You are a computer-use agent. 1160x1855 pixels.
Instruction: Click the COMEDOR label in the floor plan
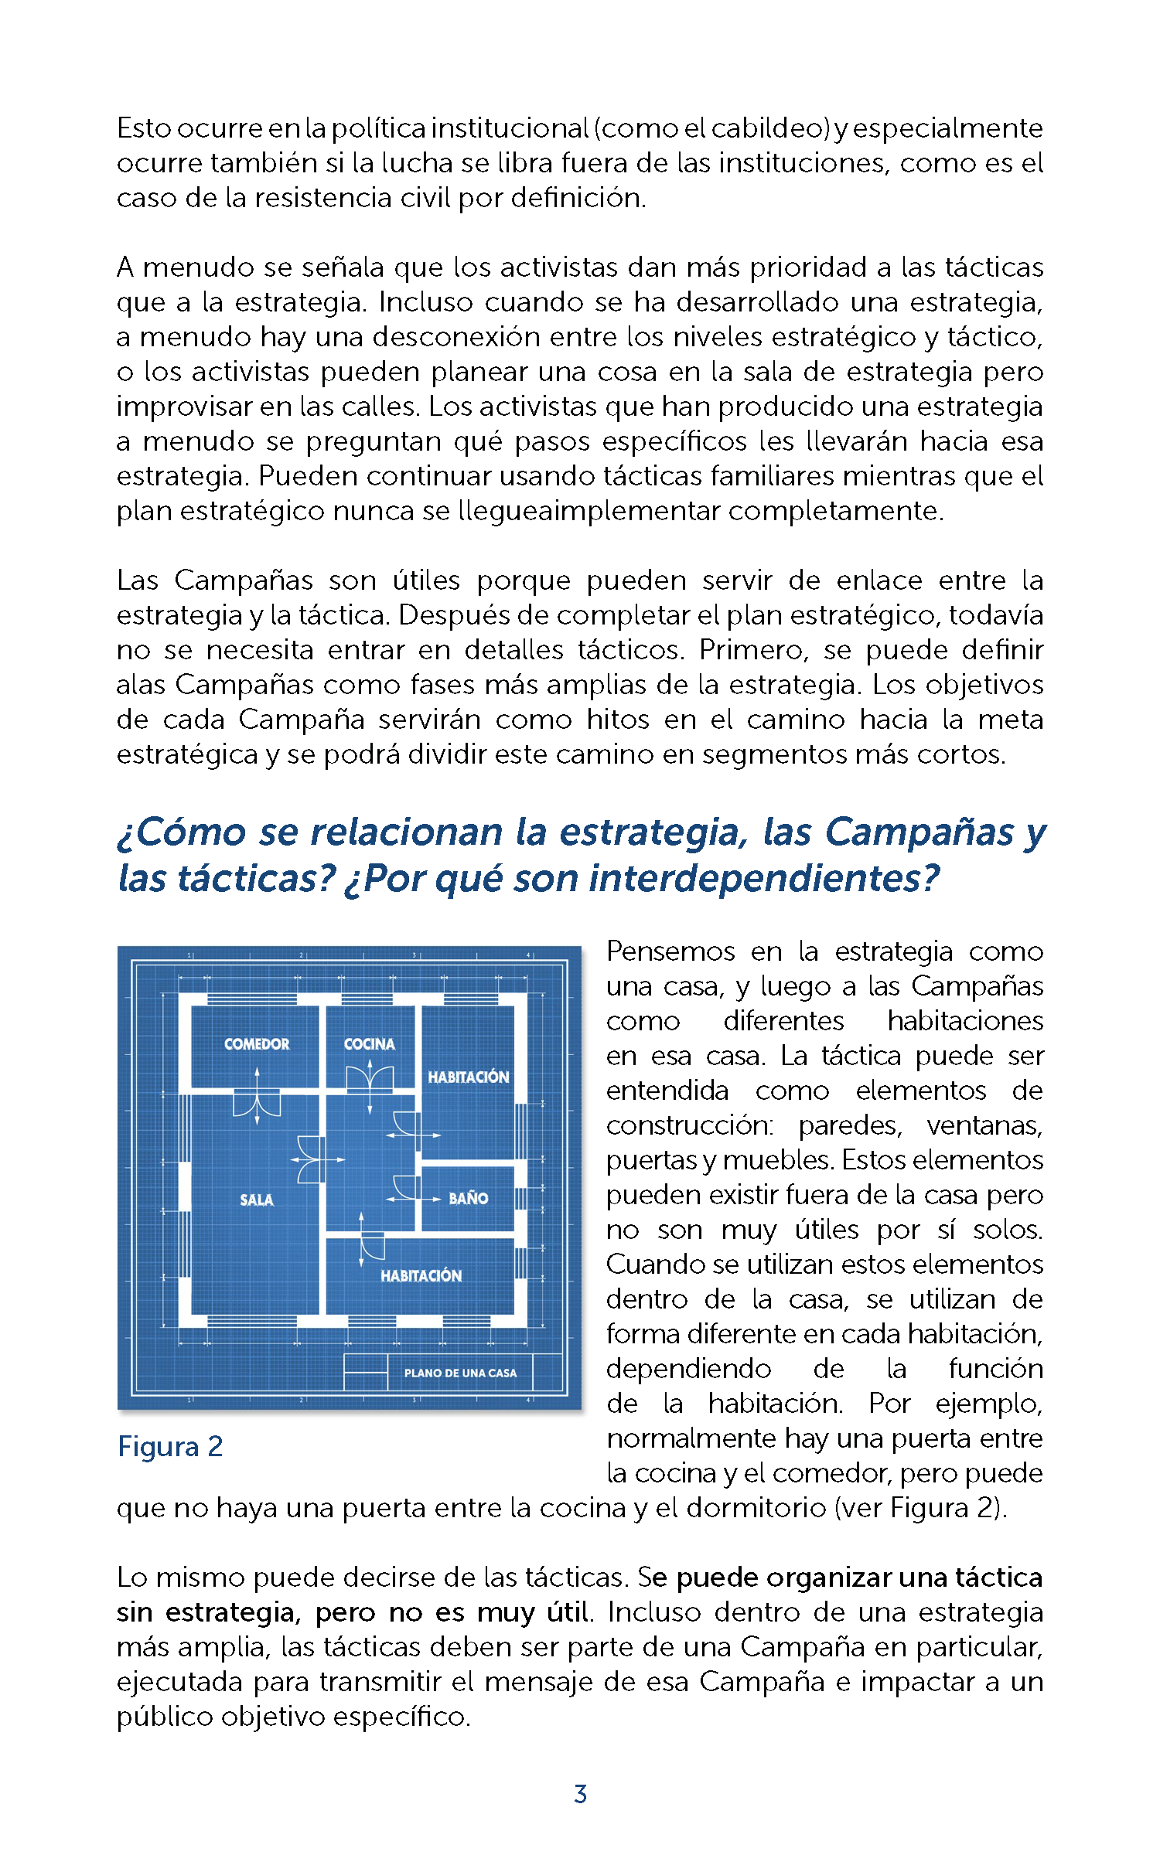256,1044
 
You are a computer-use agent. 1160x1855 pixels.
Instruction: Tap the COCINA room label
369,1044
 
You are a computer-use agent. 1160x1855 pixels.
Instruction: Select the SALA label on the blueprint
256,1200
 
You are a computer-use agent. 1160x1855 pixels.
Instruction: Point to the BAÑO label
468,1199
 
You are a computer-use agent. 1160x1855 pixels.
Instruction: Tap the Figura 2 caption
170,1447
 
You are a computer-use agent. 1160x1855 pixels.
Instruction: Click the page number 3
580,1794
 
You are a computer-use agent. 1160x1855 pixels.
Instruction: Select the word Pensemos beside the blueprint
670,951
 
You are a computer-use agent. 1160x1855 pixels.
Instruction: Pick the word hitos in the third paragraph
617,720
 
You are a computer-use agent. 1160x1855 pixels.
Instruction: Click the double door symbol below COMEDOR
257,1103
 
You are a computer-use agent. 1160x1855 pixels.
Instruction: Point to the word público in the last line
164,1717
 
